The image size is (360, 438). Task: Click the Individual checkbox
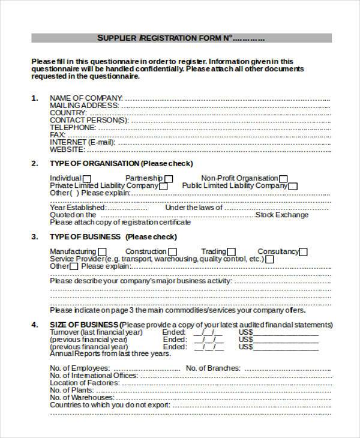coord(87,179)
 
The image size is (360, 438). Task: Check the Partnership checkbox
coord(169,179)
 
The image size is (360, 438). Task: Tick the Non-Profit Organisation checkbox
coord(283,179)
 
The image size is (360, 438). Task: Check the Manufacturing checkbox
coord(102,252)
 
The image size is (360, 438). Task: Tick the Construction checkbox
coord(173,252)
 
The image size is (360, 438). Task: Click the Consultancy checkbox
coord(304,252)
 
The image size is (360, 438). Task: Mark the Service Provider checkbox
coord(269,259)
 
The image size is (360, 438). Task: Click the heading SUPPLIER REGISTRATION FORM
coord(180,38)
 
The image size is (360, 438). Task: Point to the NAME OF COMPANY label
coord(86,98)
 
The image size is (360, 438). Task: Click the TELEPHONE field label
coord(73,127)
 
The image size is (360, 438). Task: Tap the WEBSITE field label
coord(67,149)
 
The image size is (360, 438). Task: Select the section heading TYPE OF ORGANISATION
coord(95,163)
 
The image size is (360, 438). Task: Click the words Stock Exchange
coord(282,215)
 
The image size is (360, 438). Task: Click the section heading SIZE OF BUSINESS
coord(85,325)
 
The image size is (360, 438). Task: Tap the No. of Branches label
coord(213,368)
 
